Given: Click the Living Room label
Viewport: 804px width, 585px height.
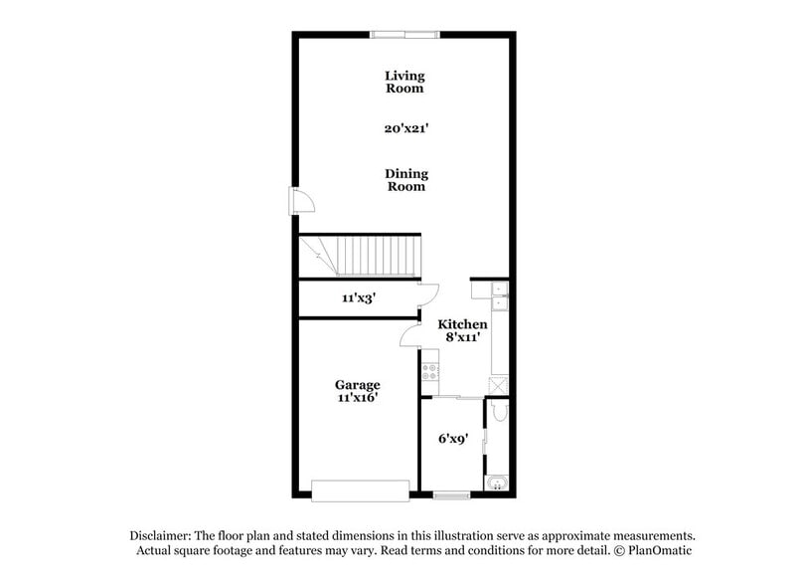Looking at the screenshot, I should tap(404, 82).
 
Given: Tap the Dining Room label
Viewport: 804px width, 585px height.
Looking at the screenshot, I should tap(405, 180).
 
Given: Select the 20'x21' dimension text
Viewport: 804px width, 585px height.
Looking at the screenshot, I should tap(405, 128).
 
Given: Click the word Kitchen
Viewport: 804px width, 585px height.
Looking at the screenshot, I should tap(463, 324).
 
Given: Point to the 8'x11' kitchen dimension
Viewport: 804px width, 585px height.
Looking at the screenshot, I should tap(463, 337).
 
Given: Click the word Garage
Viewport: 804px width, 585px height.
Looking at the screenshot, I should tap(357, 385).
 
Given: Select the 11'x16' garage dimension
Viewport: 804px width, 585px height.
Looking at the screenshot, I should tap(357, 398).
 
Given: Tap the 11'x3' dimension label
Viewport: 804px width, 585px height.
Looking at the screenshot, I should tap(358, 297).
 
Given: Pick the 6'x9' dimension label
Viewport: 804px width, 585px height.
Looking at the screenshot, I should tap(453, 438).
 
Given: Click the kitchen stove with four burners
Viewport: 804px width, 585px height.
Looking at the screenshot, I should tap(430, 373).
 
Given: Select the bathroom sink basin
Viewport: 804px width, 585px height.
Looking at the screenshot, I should tap(497, 485).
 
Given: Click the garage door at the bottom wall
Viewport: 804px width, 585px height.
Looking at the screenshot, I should tap(360, 490).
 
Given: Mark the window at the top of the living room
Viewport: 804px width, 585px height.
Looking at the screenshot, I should tap(404, 35).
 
